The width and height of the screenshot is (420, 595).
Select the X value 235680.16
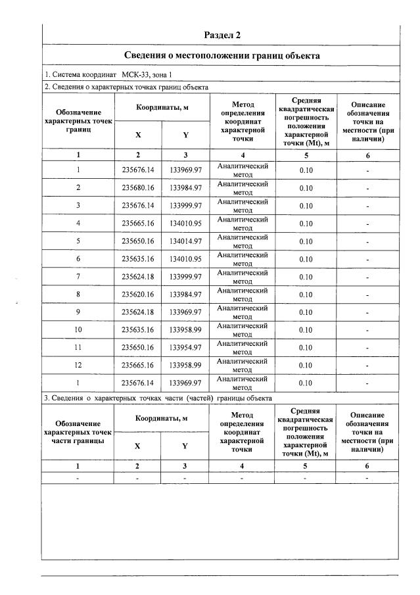coord(138,188)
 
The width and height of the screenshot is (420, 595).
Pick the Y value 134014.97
coord(185,241)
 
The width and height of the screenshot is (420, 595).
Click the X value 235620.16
coord(138,294)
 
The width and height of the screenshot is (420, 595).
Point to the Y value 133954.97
coord(185,347)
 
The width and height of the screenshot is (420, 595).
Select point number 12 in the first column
coord(78,365)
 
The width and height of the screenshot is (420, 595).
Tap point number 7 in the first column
coord(78,277)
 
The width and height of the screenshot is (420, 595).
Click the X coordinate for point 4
coord(138,224)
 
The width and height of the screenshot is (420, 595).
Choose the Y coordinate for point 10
coord(185,329)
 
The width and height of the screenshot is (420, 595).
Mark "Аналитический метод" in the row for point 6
coord(243,259)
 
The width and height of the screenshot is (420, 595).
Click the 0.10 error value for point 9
coord(305,312)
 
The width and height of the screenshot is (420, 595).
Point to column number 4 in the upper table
coord(243,155)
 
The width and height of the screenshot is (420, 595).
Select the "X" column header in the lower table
coord(138,445)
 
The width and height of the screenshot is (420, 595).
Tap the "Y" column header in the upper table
coord(185,134)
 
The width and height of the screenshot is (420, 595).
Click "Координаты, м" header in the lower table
coord(162,418)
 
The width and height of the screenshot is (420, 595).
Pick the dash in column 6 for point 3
coord(367,206)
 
